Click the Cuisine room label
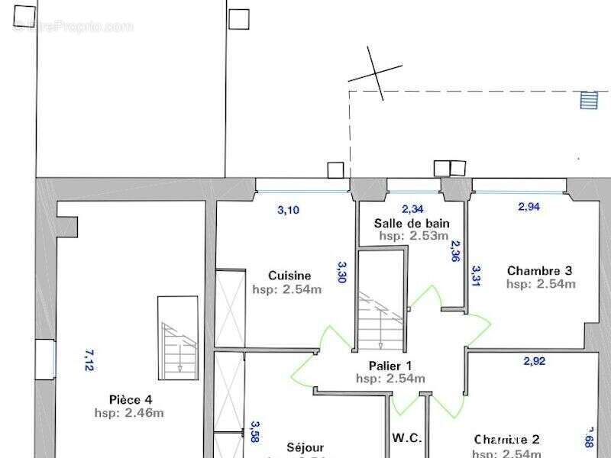[x=289, y=276]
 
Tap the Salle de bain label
[x=411, y=223]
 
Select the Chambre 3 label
[x=539, y=270]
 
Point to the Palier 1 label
[x=390, y=365]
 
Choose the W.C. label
[x=407, y=438]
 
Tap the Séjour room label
[x=305, y=447]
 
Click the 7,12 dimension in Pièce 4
[x=89, y=360]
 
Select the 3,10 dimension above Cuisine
[x=288, y=211]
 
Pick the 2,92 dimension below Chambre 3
[x=534, y=361]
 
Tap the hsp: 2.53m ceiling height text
[x=413, y=236]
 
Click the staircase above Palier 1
[x=380, y=305]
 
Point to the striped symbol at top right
[x=588, y=100]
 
